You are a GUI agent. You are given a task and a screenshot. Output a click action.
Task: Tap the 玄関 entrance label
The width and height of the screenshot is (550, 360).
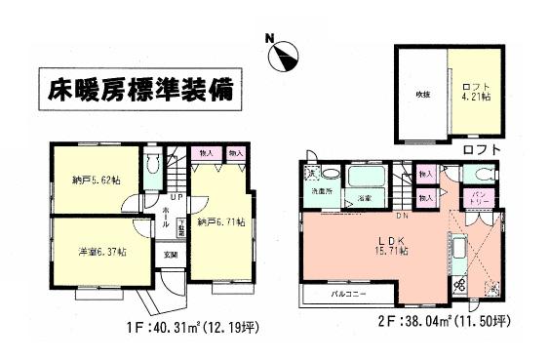click(x=171, y=256)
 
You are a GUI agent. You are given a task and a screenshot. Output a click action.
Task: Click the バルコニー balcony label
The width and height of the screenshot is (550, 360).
click(x=346, y=293)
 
